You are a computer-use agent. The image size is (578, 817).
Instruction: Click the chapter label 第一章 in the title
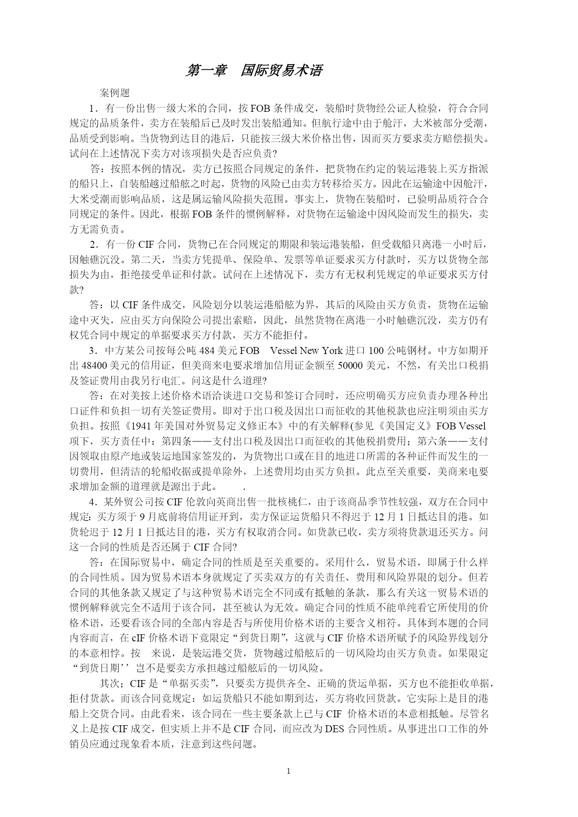pyautogui.click(x=206, y=70)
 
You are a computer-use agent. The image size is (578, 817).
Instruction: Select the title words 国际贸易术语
pyautogui.click(x=281, y=70)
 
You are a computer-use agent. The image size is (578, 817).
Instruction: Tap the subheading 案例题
pyautogui.click(x=115, y=93)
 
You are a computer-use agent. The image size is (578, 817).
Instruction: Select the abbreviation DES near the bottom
pyautogui.click(x=334, y=728)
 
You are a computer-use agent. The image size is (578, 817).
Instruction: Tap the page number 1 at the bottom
pyautogui.click(x=289, y=771)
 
